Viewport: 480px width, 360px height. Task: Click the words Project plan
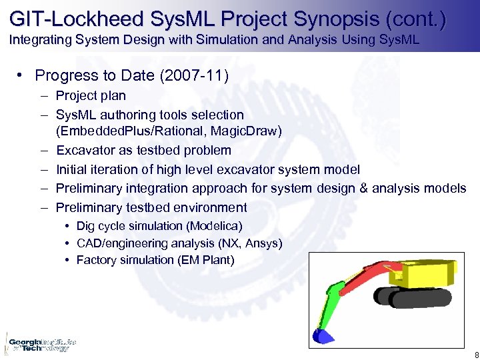(91, 96)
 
